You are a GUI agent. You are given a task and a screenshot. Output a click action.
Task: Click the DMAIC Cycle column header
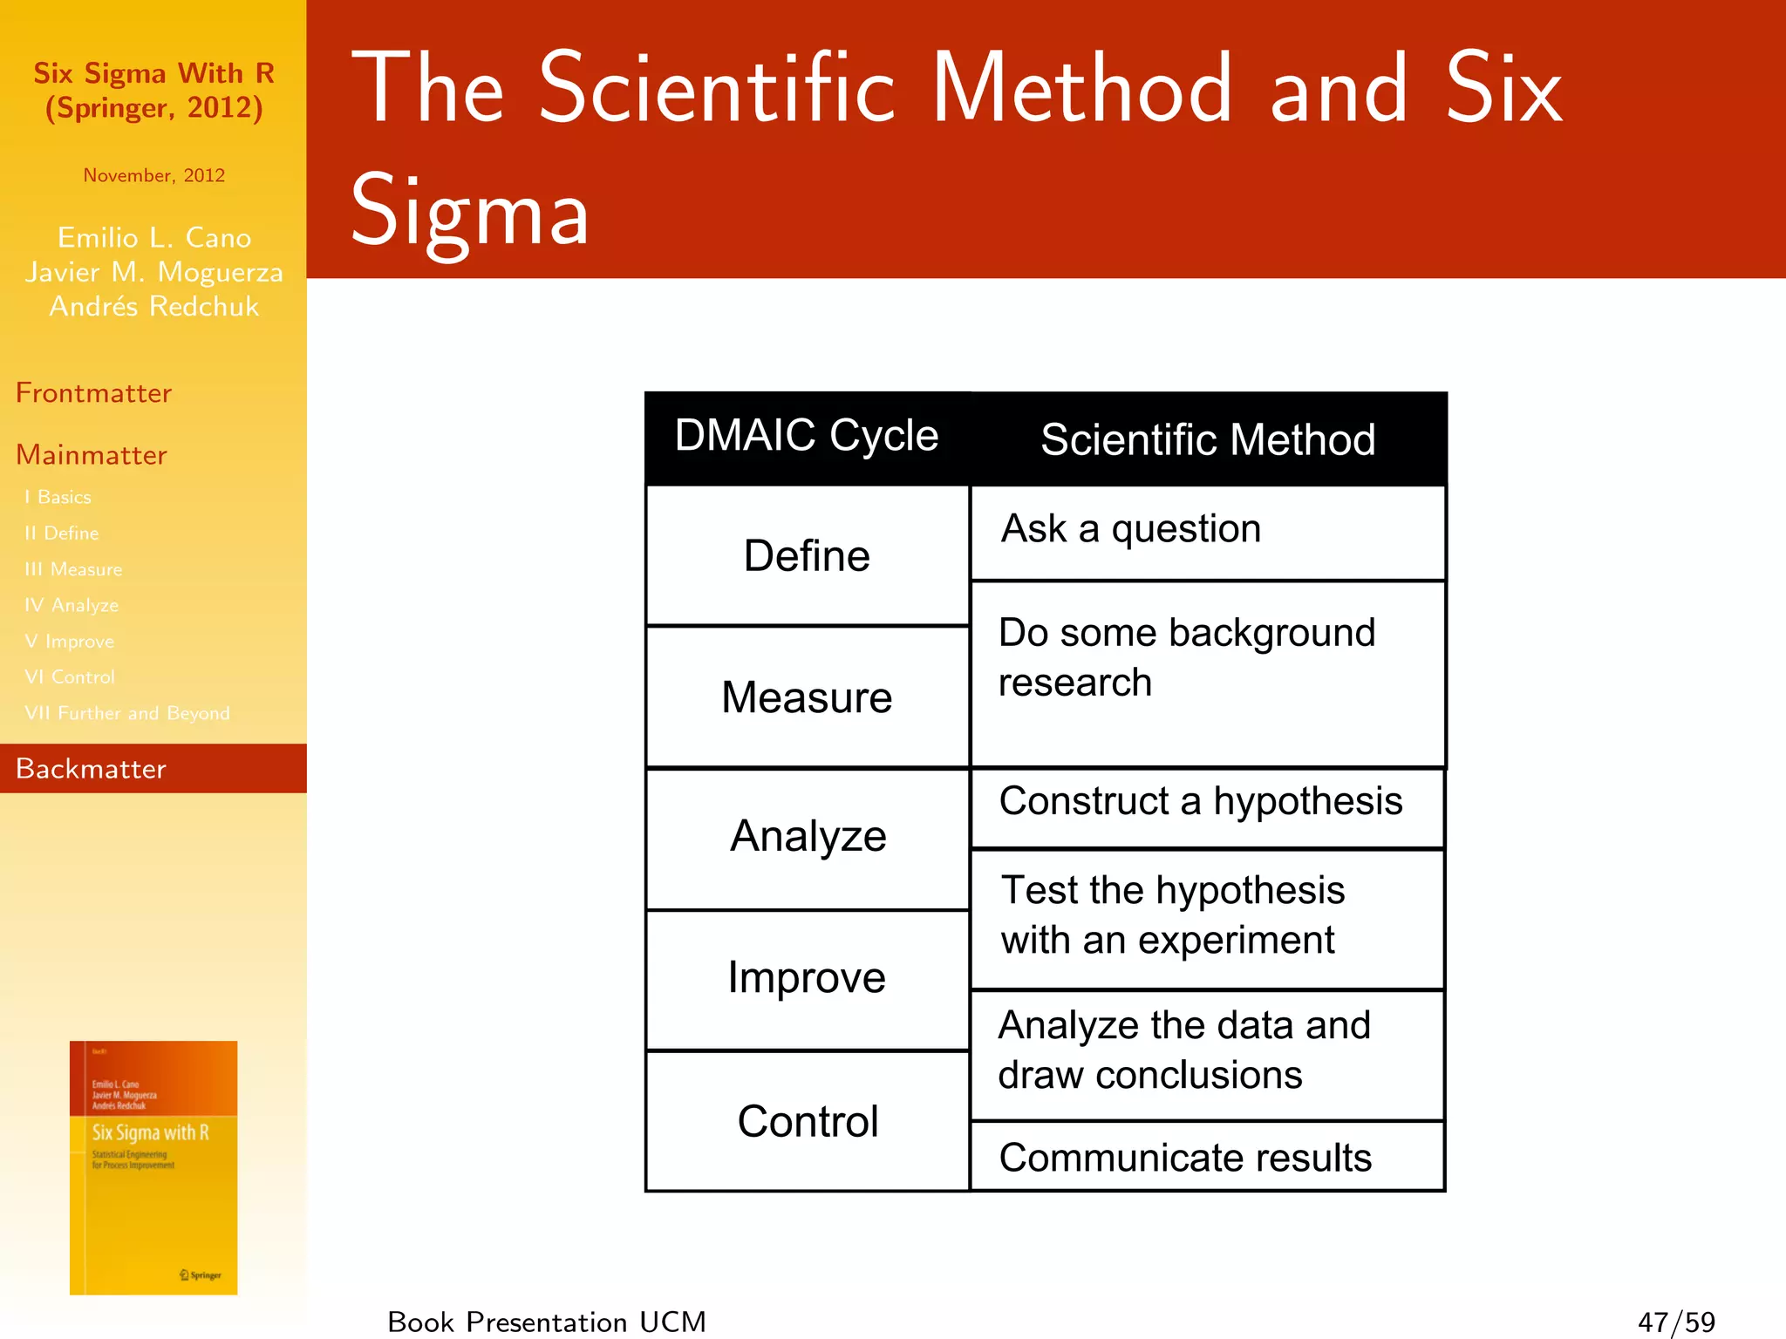click(x=807, y=436)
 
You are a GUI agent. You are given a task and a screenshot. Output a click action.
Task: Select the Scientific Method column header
click(x=1208, y=438)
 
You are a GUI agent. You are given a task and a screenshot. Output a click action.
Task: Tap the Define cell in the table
click(x=807, y=555)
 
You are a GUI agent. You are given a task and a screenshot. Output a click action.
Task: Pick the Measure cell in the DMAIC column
click(x=807, y=697)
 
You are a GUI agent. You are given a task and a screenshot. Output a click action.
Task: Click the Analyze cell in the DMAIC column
click(x=808, y=837)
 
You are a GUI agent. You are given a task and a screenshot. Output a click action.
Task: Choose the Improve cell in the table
click(x=807, y=978)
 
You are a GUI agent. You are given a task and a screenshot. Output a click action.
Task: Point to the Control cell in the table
click(x=808, y=1121)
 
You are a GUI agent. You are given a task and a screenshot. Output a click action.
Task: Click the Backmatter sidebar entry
click(x=91, y=769)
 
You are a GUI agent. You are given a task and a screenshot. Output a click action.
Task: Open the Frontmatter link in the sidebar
click(x=93, y=393)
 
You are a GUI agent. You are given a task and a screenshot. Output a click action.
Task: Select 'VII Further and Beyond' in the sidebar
click(x=127, y=713)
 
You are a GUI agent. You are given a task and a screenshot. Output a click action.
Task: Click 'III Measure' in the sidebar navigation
click(x=73, y=569)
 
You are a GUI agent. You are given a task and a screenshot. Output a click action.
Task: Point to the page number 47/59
click(x=1676, y=1322)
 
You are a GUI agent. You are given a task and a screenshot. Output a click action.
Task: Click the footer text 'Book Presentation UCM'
click(x=547, y=1322)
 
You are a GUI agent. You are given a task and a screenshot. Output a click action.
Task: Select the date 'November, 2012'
click(x=154, y=175)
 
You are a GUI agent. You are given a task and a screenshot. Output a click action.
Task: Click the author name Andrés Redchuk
click(x=154, y=307)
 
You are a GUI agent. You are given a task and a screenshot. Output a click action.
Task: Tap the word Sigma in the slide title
click(x=470, y=212)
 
